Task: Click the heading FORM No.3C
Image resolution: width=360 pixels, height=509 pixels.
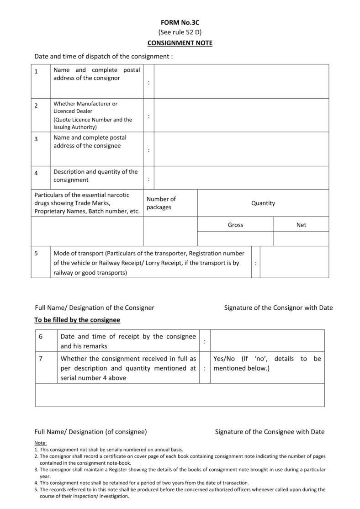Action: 180,22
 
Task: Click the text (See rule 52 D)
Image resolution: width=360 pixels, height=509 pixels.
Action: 180,32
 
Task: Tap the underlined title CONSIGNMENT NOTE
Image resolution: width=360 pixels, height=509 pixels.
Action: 180,43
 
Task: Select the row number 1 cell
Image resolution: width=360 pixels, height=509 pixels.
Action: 40,81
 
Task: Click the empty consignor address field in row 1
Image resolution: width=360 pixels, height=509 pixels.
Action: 241,81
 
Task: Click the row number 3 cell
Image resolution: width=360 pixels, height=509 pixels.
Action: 40,148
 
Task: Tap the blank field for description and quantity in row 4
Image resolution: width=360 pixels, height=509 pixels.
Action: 241,178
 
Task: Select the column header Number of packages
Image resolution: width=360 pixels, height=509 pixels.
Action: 161,203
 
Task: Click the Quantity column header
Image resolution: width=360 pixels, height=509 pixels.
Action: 263,203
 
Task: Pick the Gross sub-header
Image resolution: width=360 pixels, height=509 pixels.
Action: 235,225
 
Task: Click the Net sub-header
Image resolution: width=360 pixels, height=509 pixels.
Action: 301,225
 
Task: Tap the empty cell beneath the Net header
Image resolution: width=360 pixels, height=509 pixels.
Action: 301,239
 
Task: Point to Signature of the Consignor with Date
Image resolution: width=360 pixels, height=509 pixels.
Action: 278,308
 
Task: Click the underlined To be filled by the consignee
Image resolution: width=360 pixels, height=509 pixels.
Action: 77,320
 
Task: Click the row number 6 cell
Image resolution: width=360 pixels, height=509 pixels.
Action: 46,341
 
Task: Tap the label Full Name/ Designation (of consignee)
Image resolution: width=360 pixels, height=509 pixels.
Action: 90,431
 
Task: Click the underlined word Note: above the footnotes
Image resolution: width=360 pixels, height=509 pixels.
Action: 40,443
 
